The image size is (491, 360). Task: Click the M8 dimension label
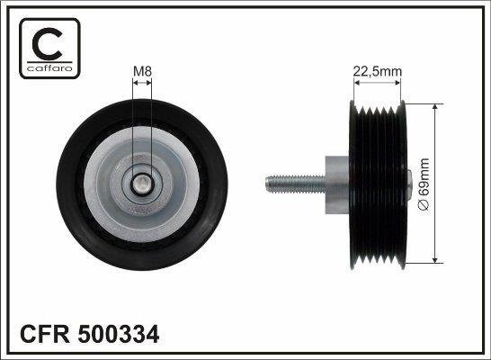click(x=143, y=71)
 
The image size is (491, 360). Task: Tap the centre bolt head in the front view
click(x=144, y=184)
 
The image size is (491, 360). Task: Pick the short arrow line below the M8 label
click(x=143, y=83)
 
